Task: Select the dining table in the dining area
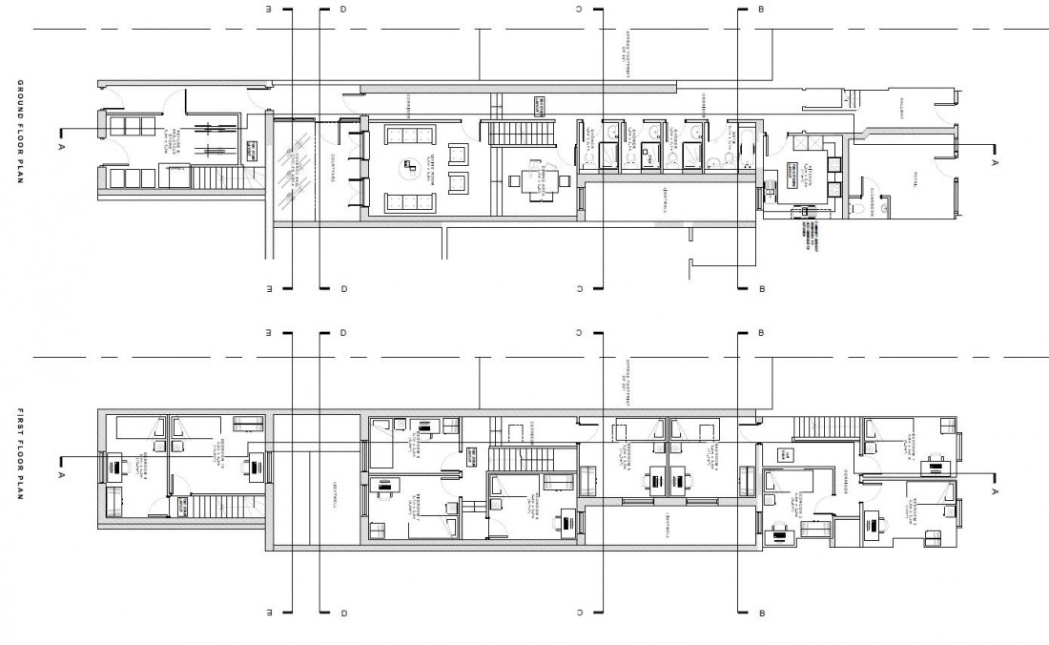pos(525,179)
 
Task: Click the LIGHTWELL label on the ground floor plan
pos(665,199)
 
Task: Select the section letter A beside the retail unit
pos(995,163)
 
